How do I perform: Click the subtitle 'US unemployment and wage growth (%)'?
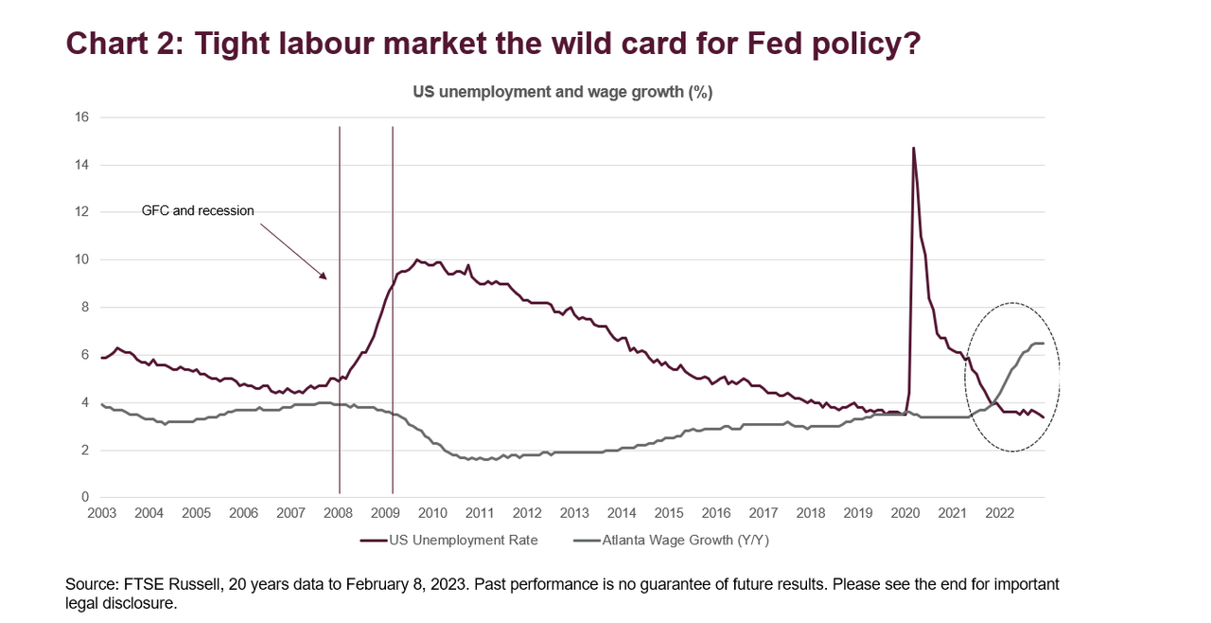(562, 92)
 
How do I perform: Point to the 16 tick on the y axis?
(81, 117)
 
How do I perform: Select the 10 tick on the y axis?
(81, 259)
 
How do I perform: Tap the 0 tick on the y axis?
(85, 497)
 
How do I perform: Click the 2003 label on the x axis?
(101, 514)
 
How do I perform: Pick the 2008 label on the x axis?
(338, 514)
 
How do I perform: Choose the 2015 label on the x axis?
(669, 514)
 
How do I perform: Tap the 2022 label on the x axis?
(1000, 514)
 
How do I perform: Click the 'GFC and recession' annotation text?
(198, 210)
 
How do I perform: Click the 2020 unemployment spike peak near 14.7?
(913, 148)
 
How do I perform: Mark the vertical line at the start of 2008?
(340, 312)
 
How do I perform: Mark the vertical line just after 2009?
(393, 312)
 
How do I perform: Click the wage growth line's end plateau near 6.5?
(1037, 343)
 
